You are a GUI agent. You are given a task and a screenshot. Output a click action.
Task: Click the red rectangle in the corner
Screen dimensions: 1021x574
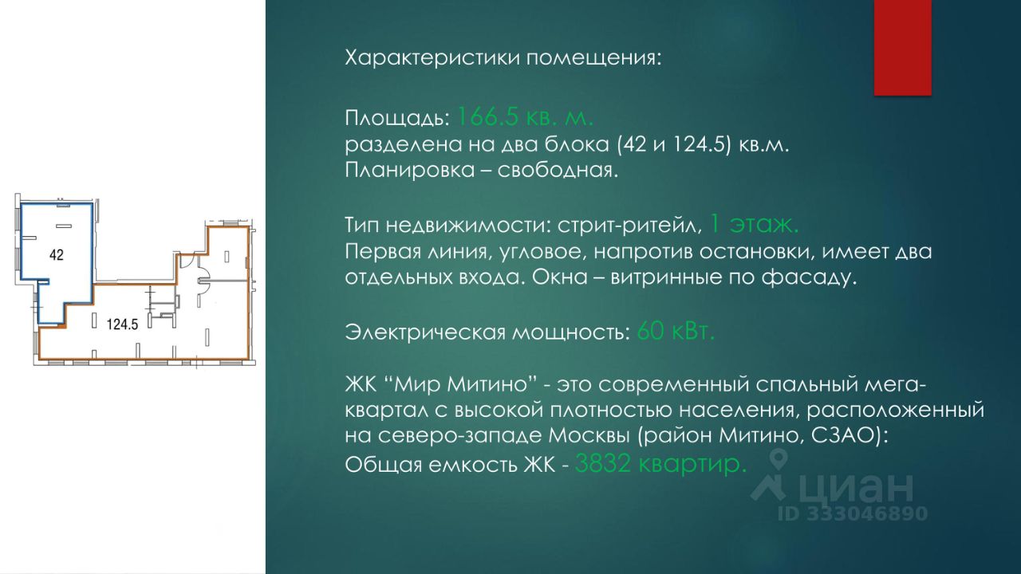[x=902, y=47]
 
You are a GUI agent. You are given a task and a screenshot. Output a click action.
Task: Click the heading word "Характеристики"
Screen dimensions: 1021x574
[x=432, y=58]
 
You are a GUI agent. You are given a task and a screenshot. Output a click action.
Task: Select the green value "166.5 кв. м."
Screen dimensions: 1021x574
[x=526, y=117]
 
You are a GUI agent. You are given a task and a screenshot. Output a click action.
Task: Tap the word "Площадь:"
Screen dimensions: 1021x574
[x=397, y=119]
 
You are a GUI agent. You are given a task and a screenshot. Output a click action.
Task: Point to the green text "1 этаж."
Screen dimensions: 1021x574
[x=755, y=225]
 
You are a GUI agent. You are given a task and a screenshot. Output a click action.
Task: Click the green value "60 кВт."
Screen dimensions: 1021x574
[x=676, y=331]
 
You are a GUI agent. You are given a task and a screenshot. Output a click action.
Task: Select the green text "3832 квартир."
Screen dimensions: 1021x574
[x=661, y=464]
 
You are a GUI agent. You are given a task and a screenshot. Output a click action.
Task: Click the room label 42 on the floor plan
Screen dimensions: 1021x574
[x=57, y=255]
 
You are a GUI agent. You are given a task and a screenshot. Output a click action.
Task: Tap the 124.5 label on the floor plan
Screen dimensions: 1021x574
[x=122, y=324]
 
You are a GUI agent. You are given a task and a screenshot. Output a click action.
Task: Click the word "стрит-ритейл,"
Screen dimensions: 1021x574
[x=630, y=226]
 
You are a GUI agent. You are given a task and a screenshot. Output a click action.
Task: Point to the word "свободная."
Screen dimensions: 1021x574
[x=558, y=171]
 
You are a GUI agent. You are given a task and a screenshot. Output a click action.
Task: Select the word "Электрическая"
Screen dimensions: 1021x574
[x=425, y=332]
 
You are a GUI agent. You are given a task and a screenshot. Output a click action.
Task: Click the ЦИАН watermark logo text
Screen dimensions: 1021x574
[x=856, y=487]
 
